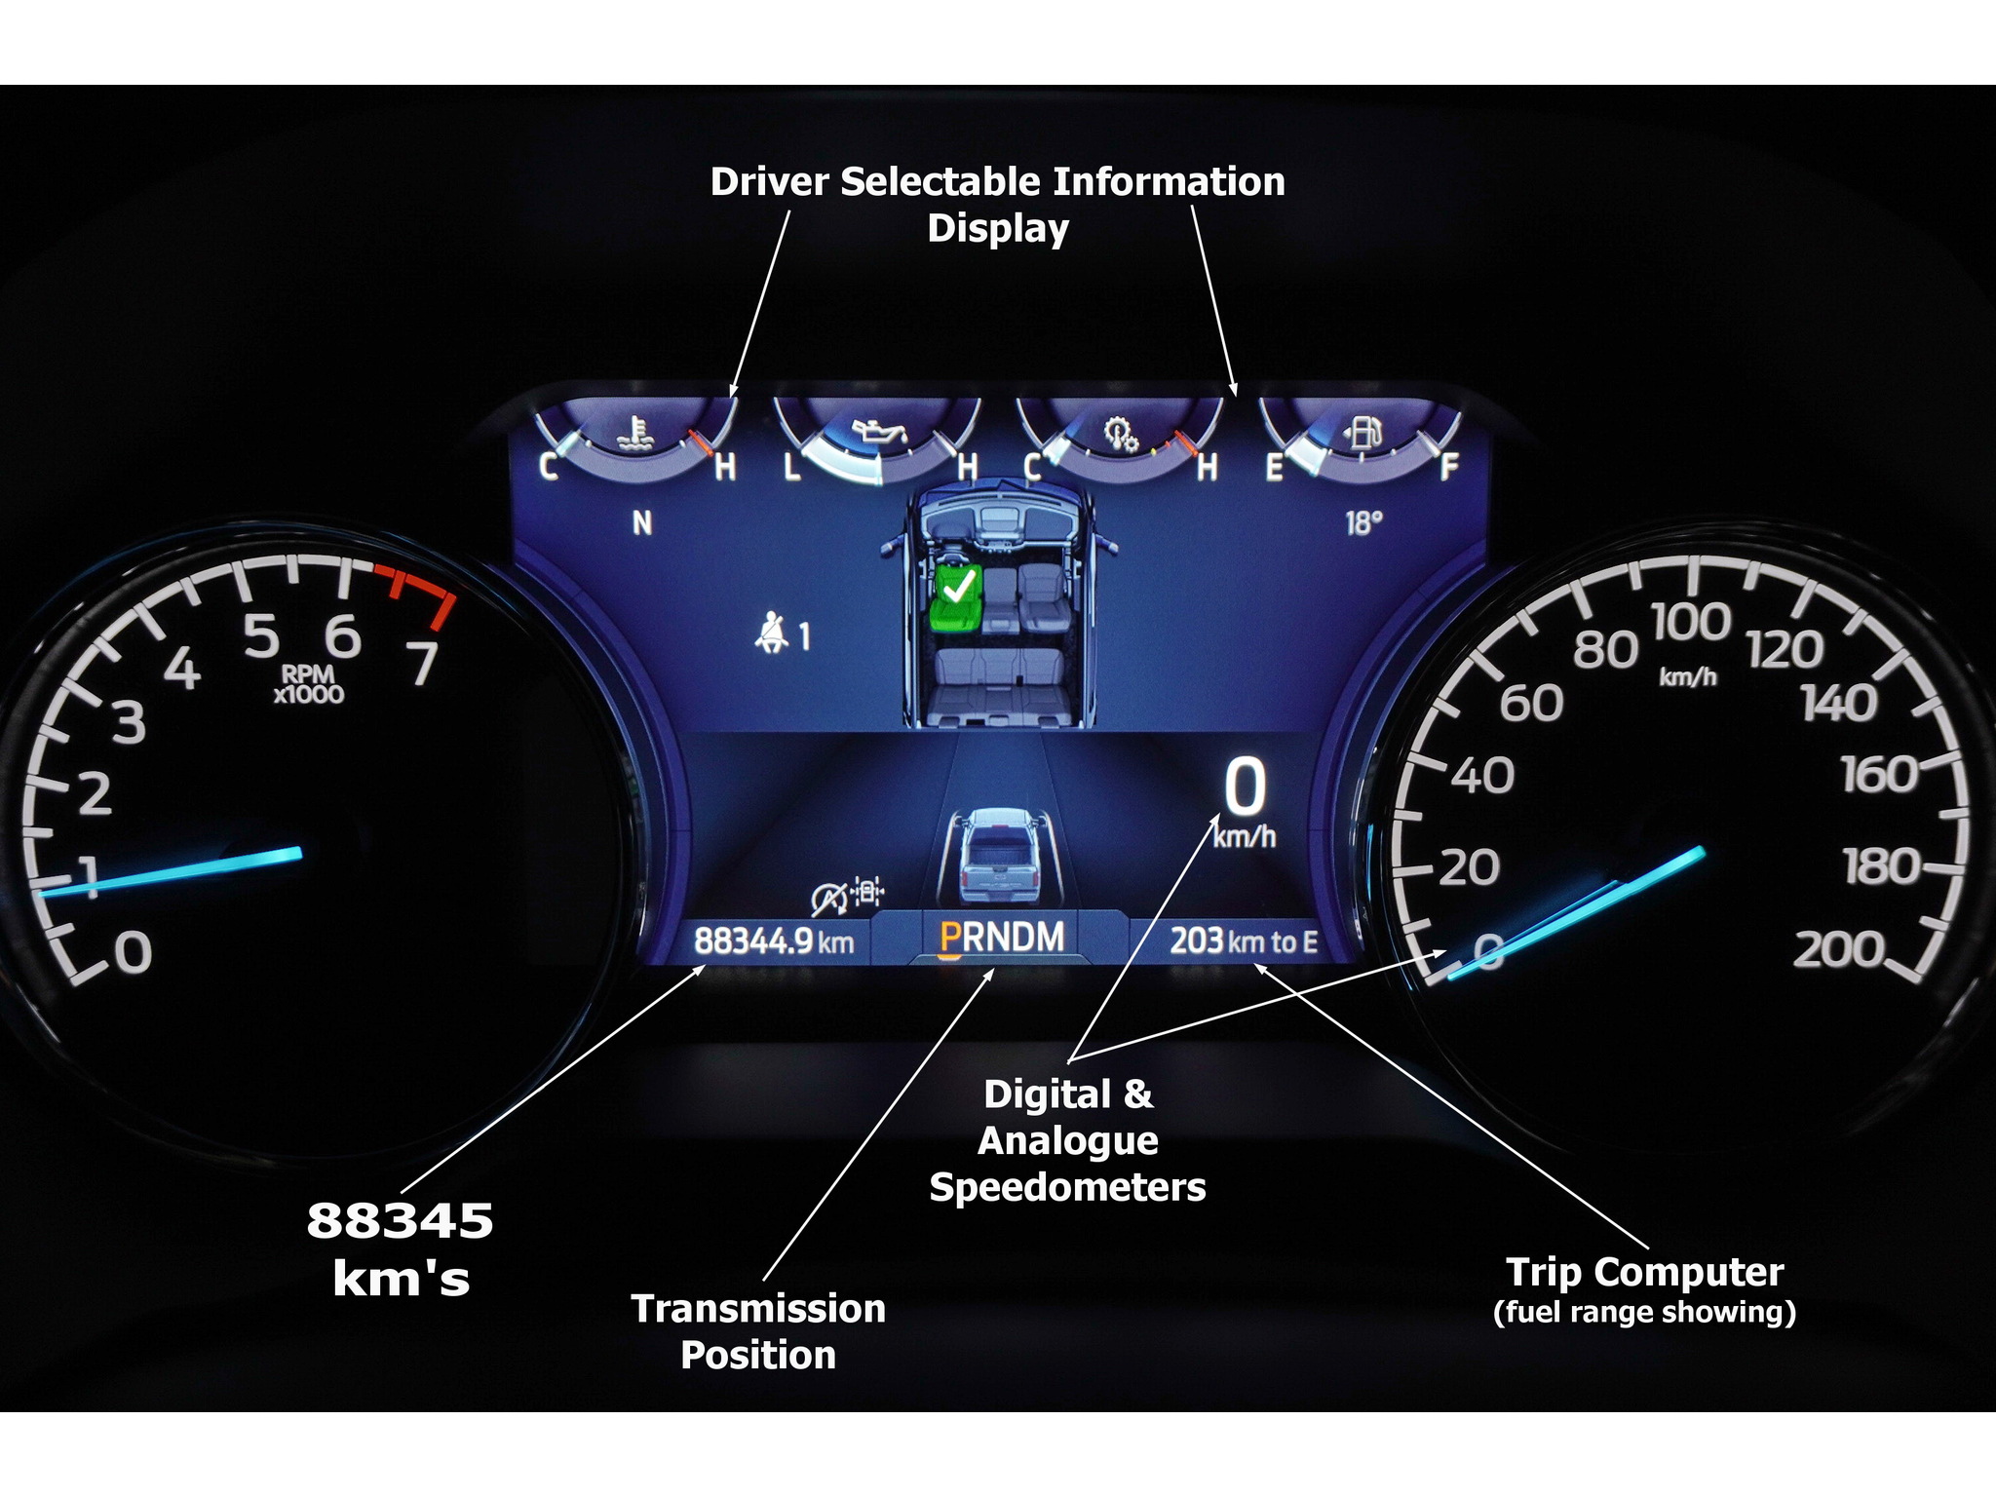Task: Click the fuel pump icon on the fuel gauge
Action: coord(1364,431)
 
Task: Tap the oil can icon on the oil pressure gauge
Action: coord(879,431)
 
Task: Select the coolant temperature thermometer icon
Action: coord(638,433)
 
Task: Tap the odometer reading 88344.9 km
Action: coord(773,941)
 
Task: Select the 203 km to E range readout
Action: coord(1244,941)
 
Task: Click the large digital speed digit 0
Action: coord(1245,787)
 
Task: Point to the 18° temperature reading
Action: coord(1363,524)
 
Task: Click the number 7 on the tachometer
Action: coord(422,664)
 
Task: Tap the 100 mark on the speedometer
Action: coord(1691,623)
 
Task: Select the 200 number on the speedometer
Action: coord(1838,950)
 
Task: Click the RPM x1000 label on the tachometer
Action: coord(308,684)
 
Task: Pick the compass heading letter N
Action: coord(642,524)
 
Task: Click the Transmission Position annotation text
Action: coord(758,1331)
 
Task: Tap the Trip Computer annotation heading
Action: coord(1644,1273)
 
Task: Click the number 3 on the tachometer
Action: coord(129,723)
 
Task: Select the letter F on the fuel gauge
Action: coord(1448,468)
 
